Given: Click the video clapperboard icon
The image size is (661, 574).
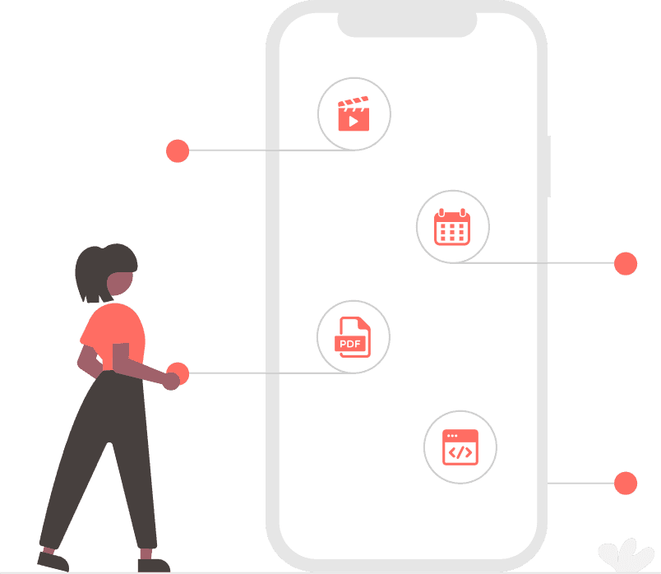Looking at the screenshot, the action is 354,114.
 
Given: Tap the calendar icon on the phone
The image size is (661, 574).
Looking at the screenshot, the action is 452,227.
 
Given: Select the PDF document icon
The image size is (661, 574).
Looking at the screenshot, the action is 353,336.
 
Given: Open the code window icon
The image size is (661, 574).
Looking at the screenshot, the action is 460,447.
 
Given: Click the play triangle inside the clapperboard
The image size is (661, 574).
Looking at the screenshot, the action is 354,121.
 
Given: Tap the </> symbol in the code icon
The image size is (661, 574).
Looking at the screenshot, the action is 460,452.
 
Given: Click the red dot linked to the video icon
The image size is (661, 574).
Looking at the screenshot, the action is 178,151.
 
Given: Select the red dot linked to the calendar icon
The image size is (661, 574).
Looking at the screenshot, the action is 626,263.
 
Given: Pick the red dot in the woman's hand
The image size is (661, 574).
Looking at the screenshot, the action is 178,373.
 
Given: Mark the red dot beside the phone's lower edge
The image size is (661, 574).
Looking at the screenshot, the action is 626,483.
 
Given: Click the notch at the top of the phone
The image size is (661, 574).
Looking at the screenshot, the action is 407,25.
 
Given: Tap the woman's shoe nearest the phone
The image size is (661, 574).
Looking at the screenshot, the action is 153,564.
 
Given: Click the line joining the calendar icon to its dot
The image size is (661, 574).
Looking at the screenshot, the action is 543,263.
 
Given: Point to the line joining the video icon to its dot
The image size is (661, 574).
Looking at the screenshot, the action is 263,150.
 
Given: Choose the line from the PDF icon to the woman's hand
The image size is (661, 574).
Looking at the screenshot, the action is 263,373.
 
